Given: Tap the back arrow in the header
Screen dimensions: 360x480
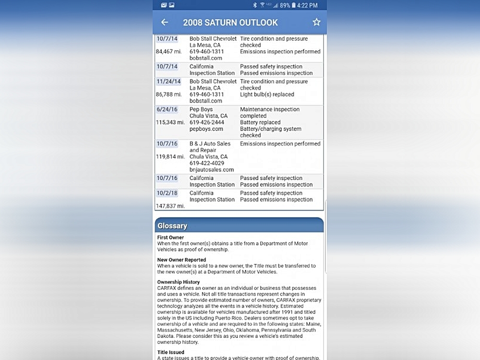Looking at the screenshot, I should coord(165,22).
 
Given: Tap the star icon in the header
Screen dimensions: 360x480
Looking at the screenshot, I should coord(316,22).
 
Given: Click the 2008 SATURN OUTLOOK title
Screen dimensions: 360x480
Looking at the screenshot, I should coord(230,23).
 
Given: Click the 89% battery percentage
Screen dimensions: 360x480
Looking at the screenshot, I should coord(285,5).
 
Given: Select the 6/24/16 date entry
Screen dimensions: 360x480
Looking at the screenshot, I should coord(167,109).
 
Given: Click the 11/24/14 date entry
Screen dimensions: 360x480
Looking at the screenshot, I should coord(168,82).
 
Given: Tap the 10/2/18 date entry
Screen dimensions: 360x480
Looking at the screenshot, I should coord(167,193).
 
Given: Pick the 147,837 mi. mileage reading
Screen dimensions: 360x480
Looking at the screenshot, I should coord(170,206).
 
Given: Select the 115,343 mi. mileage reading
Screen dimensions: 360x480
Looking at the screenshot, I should coord(170,122).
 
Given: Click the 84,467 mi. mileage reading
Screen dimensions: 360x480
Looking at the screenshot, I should coord(169,51).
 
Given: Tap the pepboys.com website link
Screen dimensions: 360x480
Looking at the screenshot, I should coord(206,129).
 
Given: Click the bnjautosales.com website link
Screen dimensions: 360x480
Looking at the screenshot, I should coord(212,169).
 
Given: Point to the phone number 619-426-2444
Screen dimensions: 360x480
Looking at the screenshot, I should coord(207,122).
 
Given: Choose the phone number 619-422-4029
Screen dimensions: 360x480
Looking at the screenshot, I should coord(207,163).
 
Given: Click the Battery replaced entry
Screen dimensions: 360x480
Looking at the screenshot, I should coord(264,122).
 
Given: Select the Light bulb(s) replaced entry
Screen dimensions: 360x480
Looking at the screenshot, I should coord(267,95).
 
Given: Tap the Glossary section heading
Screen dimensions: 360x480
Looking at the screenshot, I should coord(172,226).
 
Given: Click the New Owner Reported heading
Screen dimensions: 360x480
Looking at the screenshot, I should coord(181,260).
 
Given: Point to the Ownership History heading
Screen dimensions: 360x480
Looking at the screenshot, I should coord(179,282).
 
